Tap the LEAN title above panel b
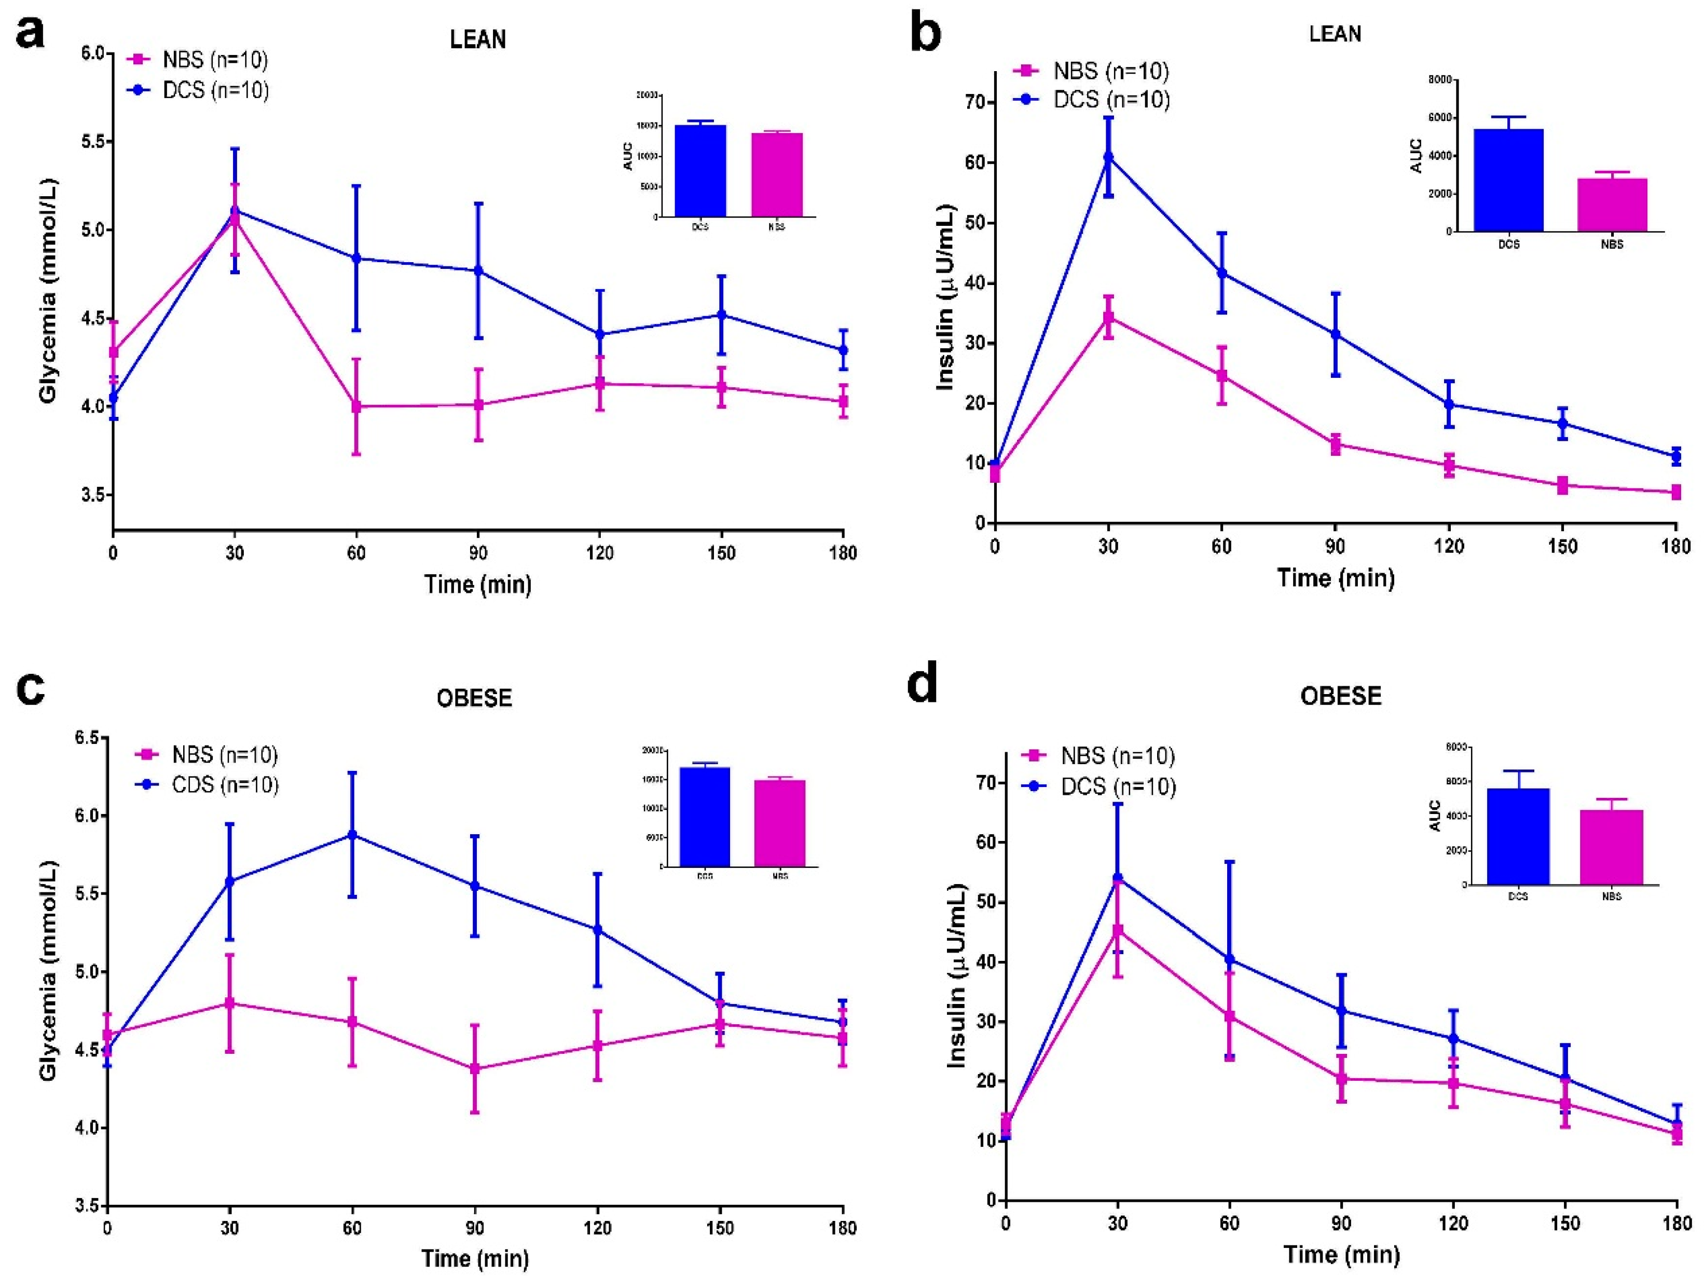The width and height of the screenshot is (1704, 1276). point(1335,34)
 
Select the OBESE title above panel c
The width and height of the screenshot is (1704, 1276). point(474,698)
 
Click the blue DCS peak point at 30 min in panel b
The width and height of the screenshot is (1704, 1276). point(1108,157)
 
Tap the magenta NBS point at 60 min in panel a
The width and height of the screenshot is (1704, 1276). point(356,406)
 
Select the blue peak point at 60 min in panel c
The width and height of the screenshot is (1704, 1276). point(352,835)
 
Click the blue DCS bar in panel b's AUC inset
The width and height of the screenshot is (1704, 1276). point(1508,180)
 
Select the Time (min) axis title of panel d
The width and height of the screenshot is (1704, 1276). point(1341,1254)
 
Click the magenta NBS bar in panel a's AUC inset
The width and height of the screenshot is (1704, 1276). point(777,175)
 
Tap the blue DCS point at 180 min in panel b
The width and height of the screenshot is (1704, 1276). point(1675,456)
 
